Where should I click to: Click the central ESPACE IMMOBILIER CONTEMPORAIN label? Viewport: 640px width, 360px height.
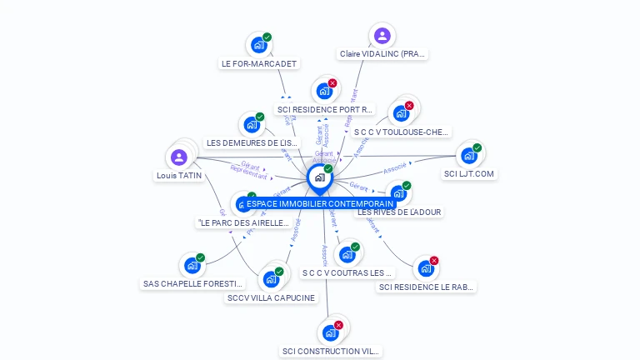pyautogui.click(x=320, y=203)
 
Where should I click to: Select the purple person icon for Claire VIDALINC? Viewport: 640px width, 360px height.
pyautogui.click(x=382, y=35)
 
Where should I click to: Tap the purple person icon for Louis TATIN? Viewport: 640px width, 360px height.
pyautogui.click(x=178, y=157)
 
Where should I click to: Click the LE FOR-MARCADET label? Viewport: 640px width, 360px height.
pyautogui.click(x=259, y=63)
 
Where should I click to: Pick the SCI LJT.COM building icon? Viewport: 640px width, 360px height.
pyautogui.click(x=469, y=156)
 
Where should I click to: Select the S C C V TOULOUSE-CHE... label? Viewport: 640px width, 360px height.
pyautogui.click(x=402, y=132)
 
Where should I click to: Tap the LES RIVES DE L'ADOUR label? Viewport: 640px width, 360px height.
pyautogui.click(x=399, y=212)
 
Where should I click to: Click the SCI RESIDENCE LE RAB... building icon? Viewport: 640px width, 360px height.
pyautogui.click(x=426, y=268)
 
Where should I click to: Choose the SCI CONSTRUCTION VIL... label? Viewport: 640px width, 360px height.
pyautogui.click(x=330, y=352)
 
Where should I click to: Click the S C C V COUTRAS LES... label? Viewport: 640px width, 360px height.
pyautogui.click(x=347, y=272)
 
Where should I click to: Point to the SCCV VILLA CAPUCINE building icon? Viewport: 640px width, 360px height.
pyautogui.click(x=271, y=279)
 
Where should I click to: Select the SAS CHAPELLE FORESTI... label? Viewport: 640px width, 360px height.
pyautogui.click(x=193, y=283)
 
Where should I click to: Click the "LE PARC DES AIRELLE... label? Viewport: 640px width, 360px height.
pyautogui.click(x=243, y=222)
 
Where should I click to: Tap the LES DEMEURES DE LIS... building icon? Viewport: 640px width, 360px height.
pyautogui.click(x=252, y=125)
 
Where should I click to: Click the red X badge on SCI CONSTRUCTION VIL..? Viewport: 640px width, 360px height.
pyautogui.click(x=338, y=325)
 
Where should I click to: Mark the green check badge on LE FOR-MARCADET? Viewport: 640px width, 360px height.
pyautogui.click(x=267, y=37)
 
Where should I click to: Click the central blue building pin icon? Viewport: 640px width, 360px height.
pyautogui.click(x=319, y=177)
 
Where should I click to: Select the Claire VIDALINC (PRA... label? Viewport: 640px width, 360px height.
pyautogui.click(x=383, y=54)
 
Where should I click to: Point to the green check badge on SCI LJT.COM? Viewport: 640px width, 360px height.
pyautogui.click(x=477, y=148)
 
